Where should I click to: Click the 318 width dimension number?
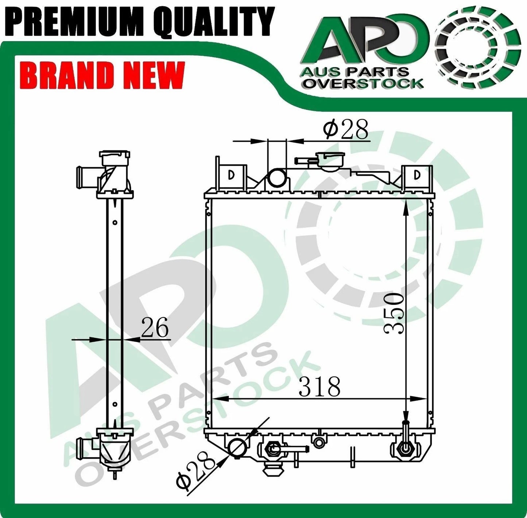tap(320, 386)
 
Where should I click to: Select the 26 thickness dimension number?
tap(155, 327)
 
